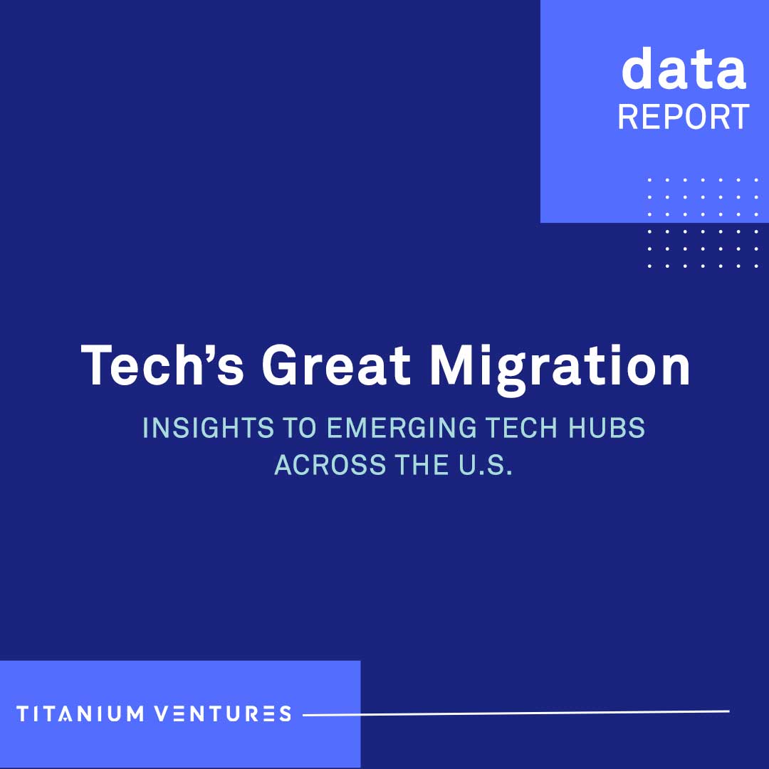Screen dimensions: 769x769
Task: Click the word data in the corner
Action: [684, 69]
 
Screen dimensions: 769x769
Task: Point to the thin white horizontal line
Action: [516, 712]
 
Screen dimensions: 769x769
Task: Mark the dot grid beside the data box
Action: [703, 223]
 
